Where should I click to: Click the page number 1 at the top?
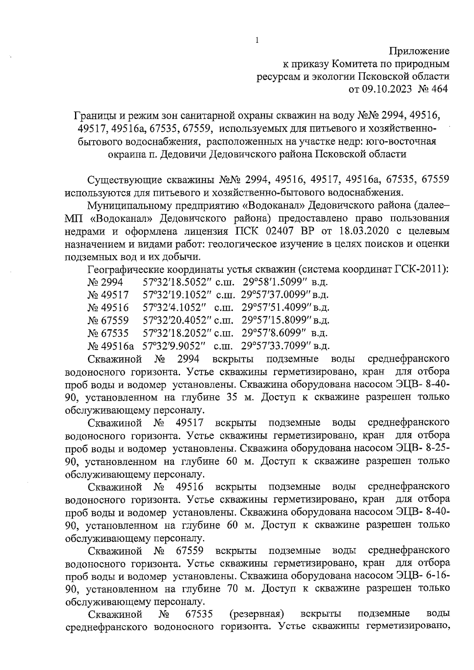coord(257,40)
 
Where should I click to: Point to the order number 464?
coord(440,89)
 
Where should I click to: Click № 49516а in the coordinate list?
coord(111,346)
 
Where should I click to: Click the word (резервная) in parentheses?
coord(257,614)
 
